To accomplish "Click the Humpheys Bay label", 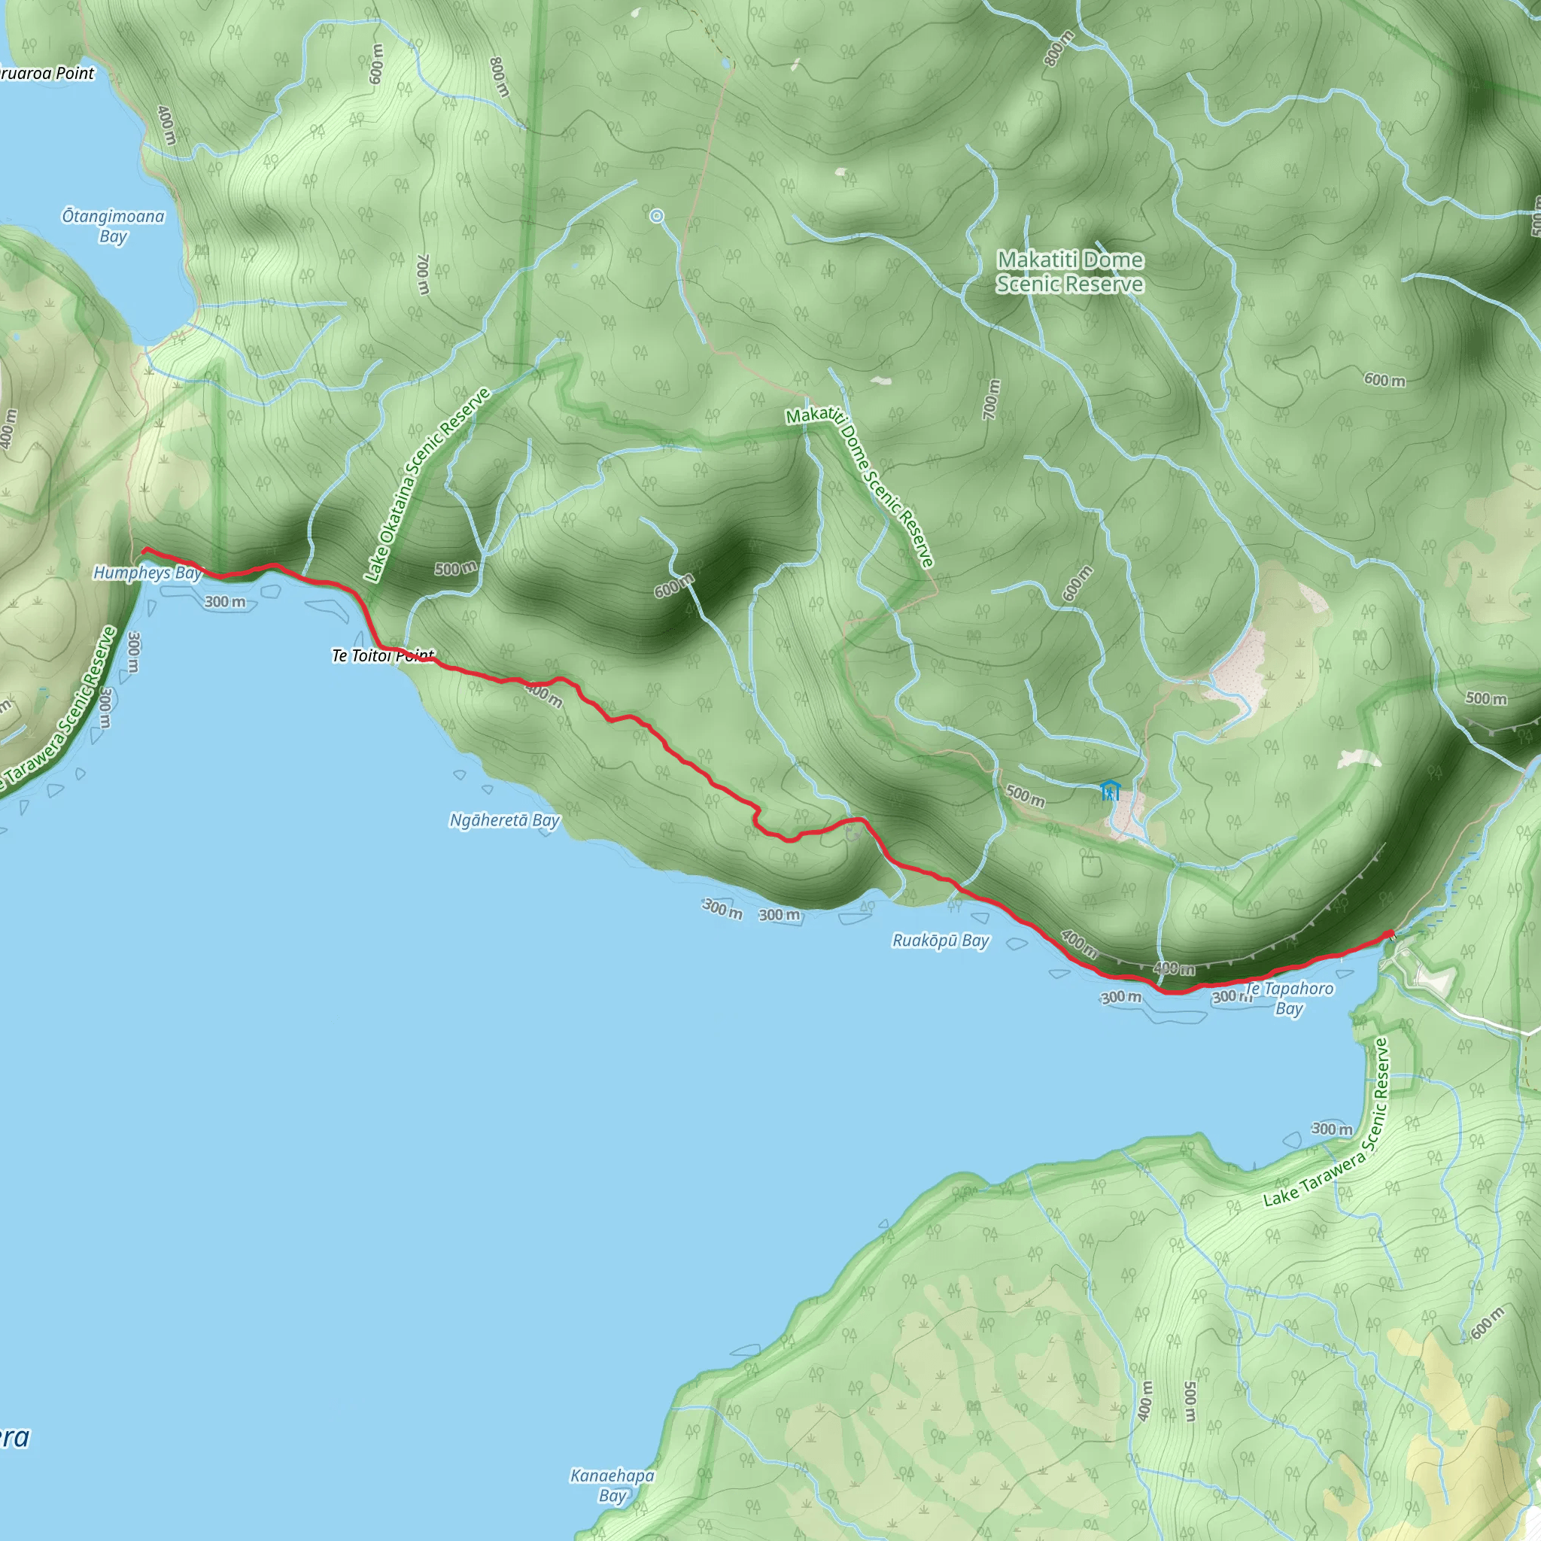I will pyautogui.click(x=147, y=573).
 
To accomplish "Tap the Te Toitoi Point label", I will pyautogui.click(x=383, y=655).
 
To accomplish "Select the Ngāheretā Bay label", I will pyautogui.click(x=505, y=820).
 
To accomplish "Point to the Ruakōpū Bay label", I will pyautogui.click(x=941, y=941).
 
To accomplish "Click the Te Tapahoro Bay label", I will pyautogui.click(x=1289, y=998).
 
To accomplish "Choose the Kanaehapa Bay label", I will pyautogui.click(x=612, y=1485).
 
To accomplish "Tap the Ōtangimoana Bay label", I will pyautogui.click(x=114, y=226).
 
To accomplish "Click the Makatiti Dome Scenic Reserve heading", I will pyautogui.click(x=1070, y=272).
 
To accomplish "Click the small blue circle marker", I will pyautogui.click(x=656, y=215).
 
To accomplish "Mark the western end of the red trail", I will pyautogui.click(x=144, y=550).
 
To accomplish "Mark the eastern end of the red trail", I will pyautogui.click(x=1391, y=933).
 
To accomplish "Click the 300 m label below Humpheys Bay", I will pyautogui.click(x=225, y=601).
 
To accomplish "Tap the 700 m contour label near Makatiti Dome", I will pyautogui.click(x=990, y=400).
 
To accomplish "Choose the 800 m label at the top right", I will pyautogui.click(x=1059, y=48).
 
